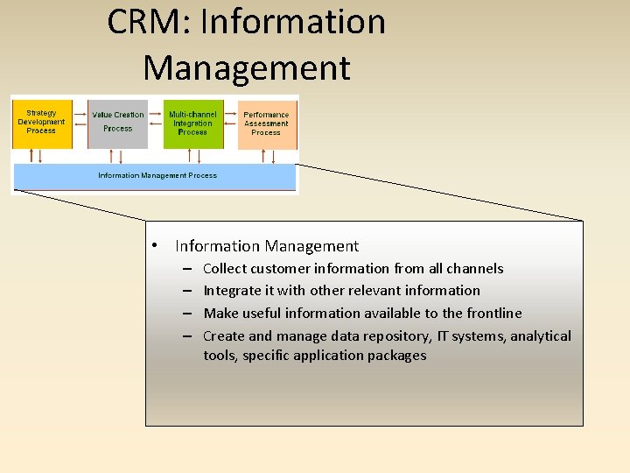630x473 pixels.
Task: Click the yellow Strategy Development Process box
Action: click(41, 123)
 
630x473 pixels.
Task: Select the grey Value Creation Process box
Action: click(118, 123)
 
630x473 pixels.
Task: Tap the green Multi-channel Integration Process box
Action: click(192, 123)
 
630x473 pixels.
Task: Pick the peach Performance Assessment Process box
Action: click(266, 124)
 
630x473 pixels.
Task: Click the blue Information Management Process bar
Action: click(156, 177)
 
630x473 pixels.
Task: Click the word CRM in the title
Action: click(143, 22)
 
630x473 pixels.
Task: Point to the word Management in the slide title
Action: click(246, 67)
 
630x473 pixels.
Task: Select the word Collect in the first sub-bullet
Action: click(225, 269)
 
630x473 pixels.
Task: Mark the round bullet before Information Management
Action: click(153, 247)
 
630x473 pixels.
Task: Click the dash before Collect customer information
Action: click(188, 269)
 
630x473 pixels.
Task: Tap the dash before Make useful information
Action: click(188, 314)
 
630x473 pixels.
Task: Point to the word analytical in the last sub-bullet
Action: click(541, 336)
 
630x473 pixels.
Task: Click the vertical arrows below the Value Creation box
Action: click(116, 156)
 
